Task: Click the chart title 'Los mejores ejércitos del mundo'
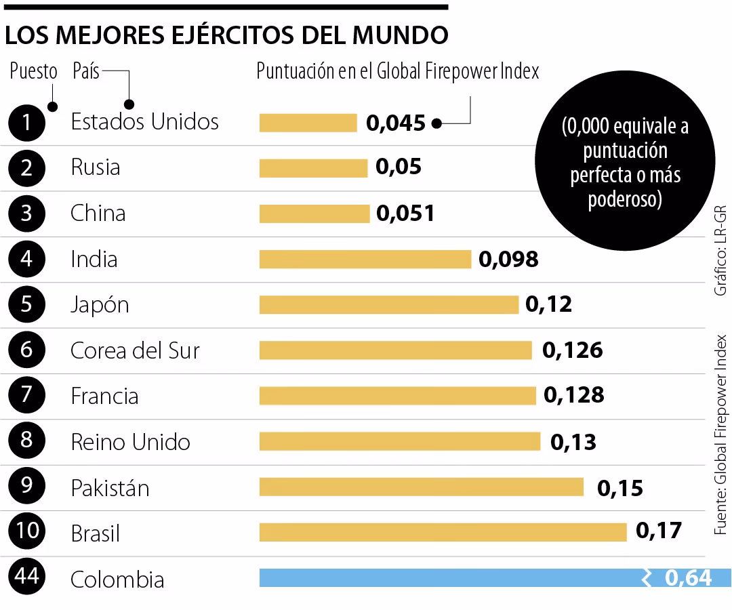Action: [226, 35]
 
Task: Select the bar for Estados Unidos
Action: [308, 123]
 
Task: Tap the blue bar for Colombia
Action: [447, 578]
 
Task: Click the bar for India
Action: [365, 259]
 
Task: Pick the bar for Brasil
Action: [443, 532]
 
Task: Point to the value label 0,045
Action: [395, 123]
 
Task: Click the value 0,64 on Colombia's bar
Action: [688, 578]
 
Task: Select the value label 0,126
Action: [572, 350]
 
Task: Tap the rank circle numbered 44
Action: [27, 578]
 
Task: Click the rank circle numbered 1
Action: [27, 123]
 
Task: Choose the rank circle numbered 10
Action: [27, 532]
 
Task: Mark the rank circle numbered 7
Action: [27, 396]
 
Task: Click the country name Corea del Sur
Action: [135, 350]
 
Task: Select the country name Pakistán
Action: [110, 488]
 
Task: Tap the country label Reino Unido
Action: [130, 442]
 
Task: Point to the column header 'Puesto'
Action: [33, 71]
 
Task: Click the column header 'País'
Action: [86, 71]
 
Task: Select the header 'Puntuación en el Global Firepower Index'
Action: [397, 71]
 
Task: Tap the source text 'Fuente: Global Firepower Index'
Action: [721, 434]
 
